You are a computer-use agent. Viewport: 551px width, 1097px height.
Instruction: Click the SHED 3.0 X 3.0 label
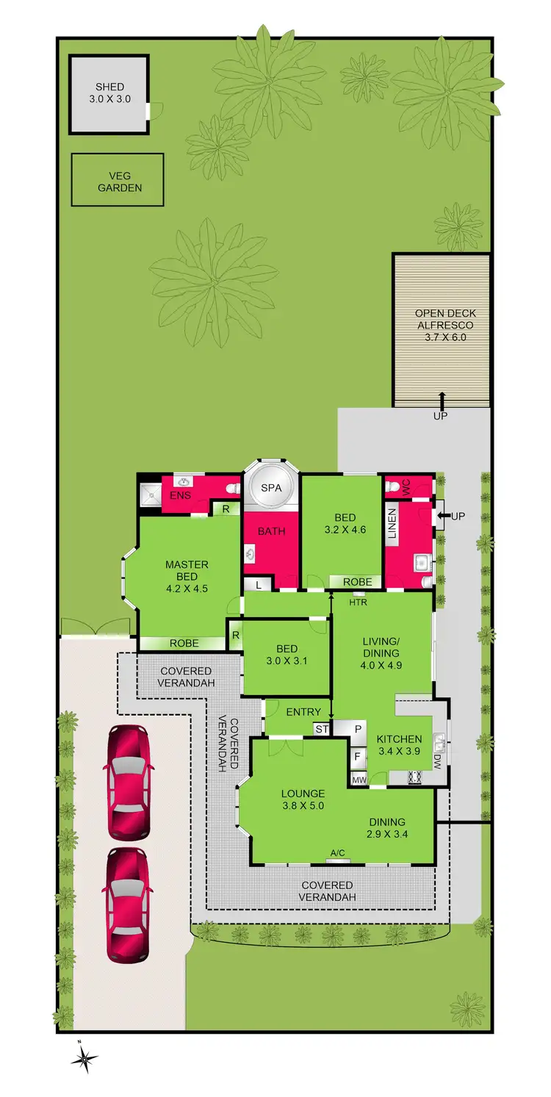(x=109, y=93)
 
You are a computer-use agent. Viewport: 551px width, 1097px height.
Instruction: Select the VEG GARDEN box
(x=118, y=180)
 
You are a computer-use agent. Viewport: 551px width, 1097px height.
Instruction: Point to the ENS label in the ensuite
(x=180, y=496)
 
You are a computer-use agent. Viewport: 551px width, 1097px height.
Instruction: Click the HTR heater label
(x=358, y=603)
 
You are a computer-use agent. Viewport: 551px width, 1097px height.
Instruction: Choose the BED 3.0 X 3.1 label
(x=287, y=655)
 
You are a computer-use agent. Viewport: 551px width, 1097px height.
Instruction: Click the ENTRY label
(x=303, y=712)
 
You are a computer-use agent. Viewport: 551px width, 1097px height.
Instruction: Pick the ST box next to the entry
(x=322, y=729)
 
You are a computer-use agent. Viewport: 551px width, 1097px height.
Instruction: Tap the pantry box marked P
(x=358, y=729)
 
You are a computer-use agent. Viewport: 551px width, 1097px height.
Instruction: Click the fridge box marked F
(x=357, y=755)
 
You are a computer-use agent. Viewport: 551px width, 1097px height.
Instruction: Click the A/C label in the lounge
(x=337, y=853)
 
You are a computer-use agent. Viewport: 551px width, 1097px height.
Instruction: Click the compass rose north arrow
(x=85, y=1058)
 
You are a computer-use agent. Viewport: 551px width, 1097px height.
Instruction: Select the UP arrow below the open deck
(x=442, y=406)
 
